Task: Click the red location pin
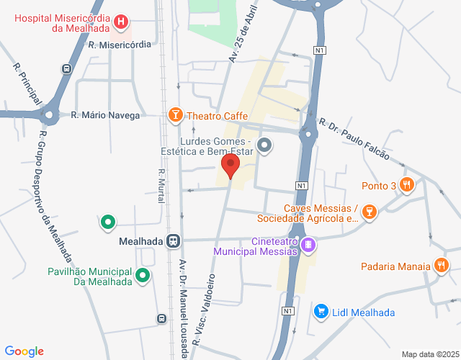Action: [230, 165]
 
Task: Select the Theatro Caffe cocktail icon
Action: [174, 115]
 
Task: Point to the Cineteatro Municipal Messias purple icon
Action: [308, 246]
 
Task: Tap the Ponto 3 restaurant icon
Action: [407, 185]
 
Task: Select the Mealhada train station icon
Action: [173, 241]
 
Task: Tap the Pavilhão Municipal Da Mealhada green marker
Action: [143, 274]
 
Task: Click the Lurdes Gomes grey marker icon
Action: [264, 146]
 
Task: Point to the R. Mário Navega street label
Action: [105, 115]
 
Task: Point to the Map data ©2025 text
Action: [429, 354]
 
